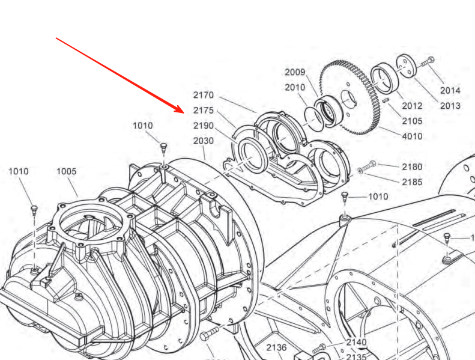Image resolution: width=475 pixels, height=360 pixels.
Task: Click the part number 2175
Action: click(203, 111)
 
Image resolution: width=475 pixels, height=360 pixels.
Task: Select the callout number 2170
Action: click(203, 95)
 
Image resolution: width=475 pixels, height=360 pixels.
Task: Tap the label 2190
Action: click(203, 126)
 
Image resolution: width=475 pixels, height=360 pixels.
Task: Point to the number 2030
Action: click(203, 141)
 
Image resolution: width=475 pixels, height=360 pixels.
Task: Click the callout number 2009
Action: click(295, 72)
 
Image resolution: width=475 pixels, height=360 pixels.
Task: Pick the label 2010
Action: click(295, 87)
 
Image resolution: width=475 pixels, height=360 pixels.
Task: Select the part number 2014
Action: click(450, 90)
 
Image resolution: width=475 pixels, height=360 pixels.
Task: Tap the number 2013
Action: click(450, 106)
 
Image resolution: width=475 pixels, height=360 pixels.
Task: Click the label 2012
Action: click(412, 106)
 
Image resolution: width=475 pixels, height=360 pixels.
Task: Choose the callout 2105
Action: click(412, 121)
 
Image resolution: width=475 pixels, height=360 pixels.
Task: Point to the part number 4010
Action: click(412, 136)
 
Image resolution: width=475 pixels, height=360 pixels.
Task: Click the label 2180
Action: click(412, 166)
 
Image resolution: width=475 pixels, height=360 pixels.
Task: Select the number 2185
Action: click(412, 182)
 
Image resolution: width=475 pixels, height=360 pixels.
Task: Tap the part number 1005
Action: click(67, 171)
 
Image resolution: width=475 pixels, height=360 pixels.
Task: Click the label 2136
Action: click(276, 347)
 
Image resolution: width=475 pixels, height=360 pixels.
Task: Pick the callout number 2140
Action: click(356, 343)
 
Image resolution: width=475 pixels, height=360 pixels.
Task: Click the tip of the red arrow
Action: click(183, 112)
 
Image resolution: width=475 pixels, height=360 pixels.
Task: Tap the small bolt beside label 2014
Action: click(428, 61)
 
